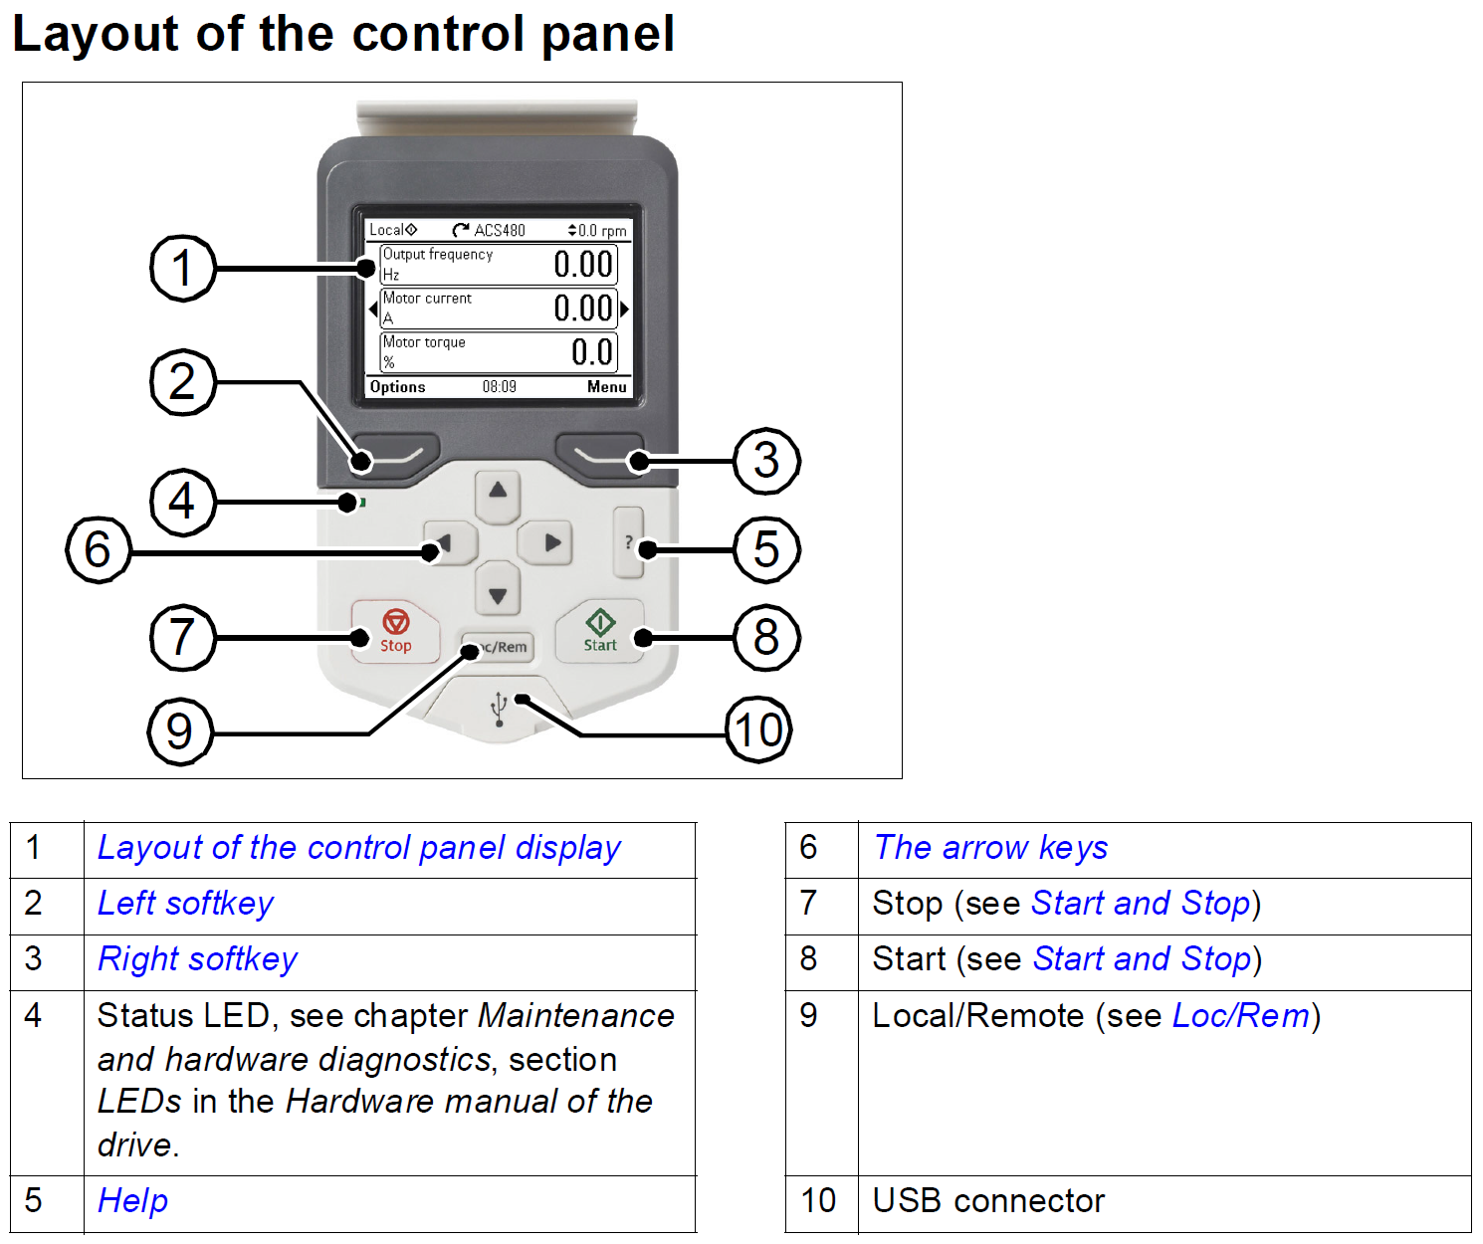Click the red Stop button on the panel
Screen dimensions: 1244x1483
[x=395, y=631]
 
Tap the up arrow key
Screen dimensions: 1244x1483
[x=498, y=491]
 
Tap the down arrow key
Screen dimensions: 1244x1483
[x=498, y=595]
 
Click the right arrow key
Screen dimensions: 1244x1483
[x=551, y=542]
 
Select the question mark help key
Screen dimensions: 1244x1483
[x=628, y=542]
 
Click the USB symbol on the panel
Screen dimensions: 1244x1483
[x=500, y=709]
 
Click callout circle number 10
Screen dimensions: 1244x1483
[x=758, y=730]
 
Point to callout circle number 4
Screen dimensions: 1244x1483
[x=181, y=502]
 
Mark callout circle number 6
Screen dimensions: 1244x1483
[x=98, y=549]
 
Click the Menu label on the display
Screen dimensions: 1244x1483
[x=606, y=387]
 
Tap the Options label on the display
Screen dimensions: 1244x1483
[x=397, y=387]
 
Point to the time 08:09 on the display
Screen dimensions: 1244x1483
[x=500, y=387]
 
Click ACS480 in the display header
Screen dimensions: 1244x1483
[x=499, y=230]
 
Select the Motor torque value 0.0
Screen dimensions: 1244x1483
[x=592, y=352]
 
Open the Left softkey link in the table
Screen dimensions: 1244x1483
[x=185, y=904]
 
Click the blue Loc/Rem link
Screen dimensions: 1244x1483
[x=1240, y=1016]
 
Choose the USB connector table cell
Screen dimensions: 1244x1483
[x=988, y=1201]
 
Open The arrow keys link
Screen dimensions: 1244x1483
[x=990, y=848]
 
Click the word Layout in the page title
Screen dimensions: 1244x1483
[x=97, y=34]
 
